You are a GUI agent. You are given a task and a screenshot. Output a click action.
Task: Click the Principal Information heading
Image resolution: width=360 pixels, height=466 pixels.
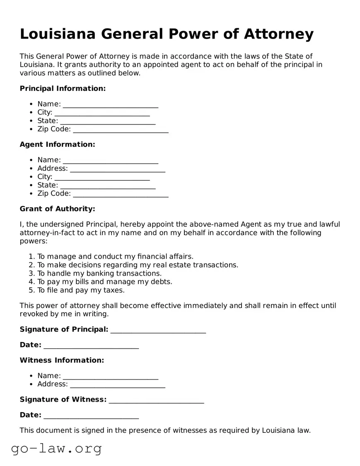click(x=63, y=88)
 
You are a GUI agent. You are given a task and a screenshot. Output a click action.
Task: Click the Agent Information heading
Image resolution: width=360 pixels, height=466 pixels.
click(x=57, y=144)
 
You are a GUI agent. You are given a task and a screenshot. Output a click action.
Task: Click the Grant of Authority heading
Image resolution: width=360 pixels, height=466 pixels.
click(x=57, y=209)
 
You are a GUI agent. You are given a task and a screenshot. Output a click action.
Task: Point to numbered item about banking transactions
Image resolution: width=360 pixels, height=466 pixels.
click(x=99, y=274)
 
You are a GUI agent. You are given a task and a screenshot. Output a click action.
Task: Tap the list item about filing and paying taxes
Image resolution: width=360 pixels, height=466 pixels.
click(x=81, y=290)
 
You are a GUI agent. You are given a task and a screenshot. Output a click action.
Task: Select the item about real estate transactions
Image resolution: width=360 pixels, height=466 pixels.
click(x=138, y=265)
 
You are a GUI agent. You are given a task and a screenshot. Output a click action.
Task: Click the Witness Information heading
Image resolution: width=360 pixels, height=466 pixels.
click(x=62, y=360)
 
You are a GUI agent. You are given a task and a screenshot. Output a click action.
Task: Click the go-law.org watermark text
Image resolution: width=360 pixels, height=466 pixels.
click(x=56, y=449)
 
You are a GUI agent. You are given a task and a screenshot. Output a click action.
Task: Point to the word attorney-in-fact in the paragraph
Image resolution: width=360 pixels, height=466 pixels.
click(x=46, y=233)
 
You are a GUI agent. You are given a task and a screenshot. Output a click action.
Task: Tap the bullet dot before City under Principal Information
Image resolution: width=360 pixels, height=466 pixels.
click(x=31, y=113)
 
